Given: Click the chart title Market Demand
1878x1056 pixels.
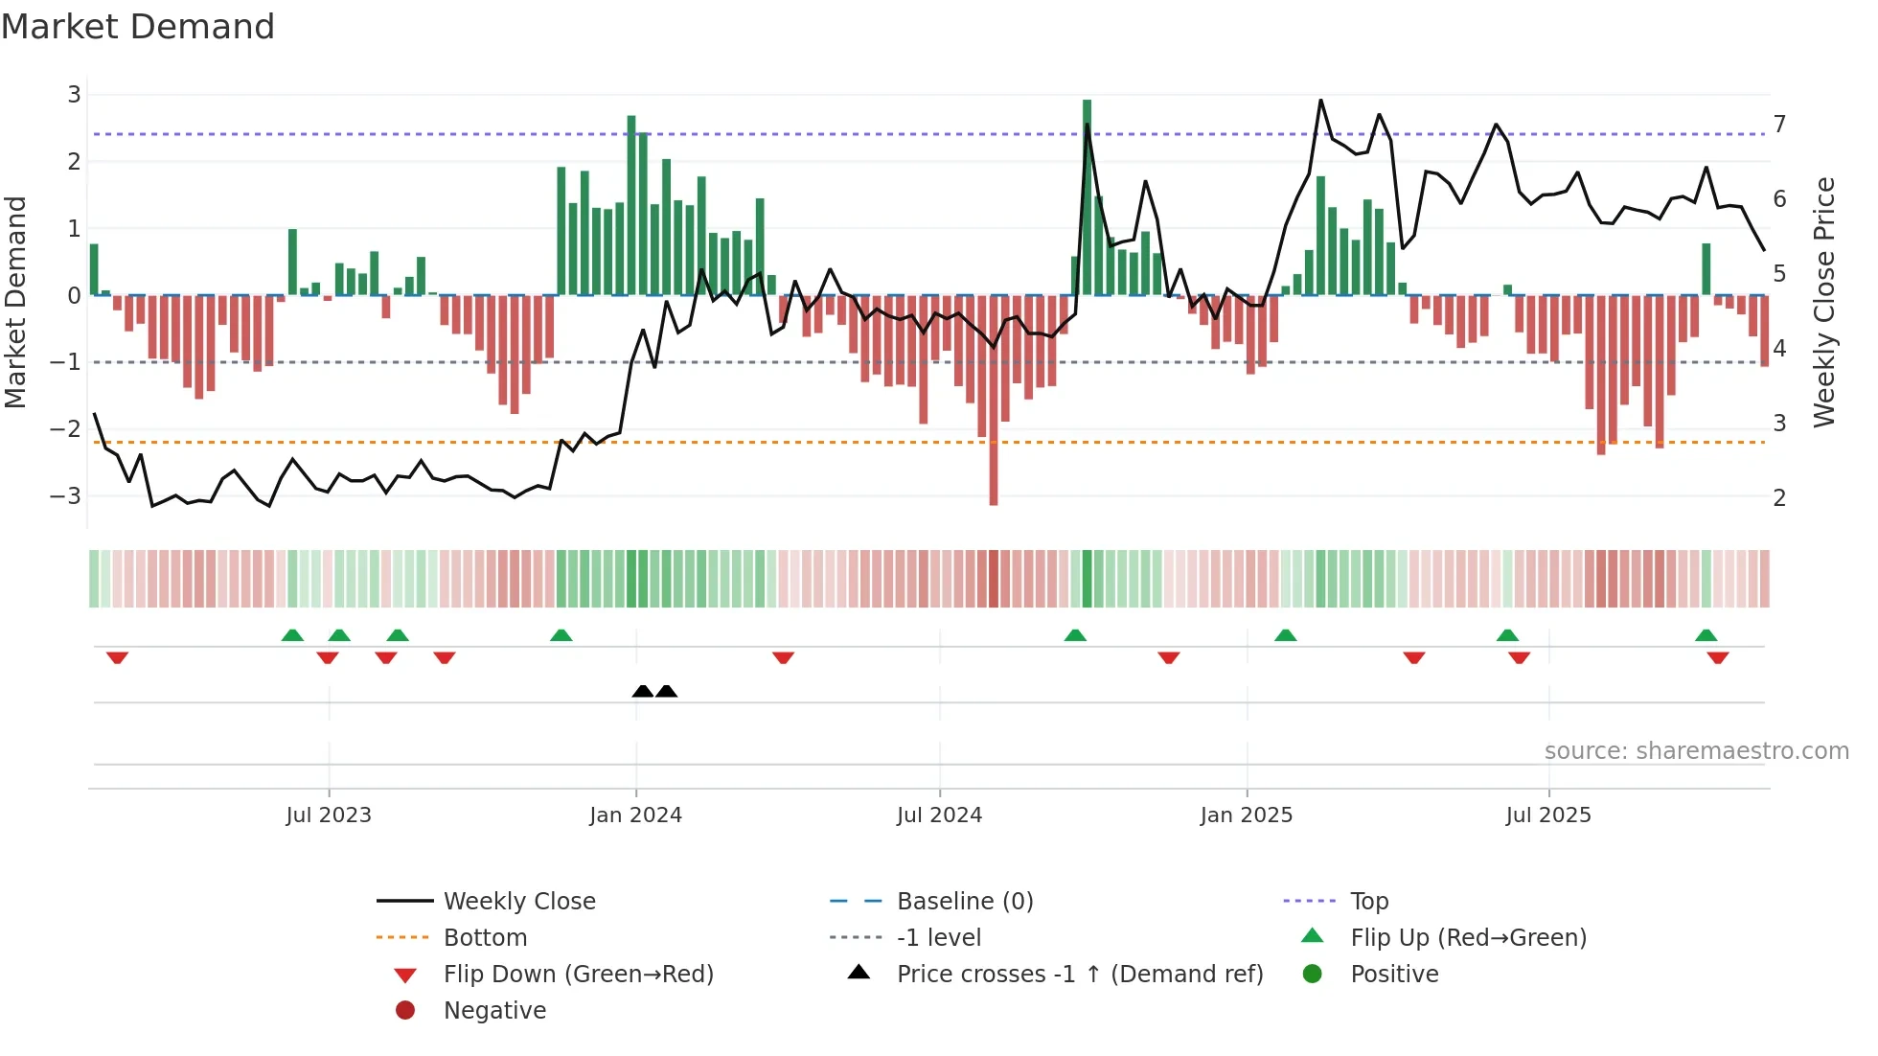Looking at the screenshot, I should coord(138,27).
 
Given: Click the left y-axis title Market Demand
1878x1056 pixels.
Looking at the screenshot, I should coord(16,302).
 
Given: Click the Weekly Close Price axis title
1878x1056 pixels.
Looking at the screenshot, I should coord(1824,302).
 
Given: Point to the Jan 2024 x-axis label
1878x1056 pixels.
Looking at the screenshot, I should coord(635,815).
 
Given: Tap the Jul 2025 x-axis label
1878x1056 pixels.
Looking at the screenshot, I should coord(1547,815).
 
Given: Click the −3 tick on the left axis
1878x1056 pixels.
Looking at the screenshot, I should coord(65,496).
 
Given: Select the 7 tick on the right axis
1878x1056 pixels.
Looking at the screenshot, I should coord(1779,125).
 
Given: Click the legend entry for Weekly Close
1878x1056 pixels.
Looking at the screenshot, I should coord(518,902).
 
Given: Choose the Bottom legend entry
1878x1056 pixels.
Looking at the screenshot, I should coord(485,938).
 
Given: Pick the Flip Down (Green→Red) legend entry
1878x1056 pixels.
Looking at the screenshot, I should coord(578,975).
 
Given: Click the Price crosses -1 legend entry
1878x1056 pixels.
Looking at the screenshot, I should coord(1079,975).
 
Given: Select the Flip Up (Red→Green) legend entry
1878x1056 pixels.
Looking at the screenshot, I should coord(1468,938).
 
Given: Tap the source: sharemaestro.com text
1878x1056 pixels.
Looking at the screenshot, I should coord(1696,751).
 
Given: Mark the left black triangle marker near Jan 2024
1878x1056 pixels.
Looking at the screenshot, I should coord(643,691).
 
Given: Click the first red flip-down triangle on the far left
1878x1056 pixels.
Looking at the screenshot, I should coord(118,657).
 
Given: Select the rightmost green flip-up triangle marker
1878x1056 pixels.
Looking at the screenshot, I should coord(1706,635).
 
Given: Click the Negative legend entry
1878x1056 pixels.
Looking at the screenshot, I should coord(494,1011).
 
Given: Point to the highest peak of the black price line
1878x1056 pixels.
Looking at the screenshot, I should coord(1320,101).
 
